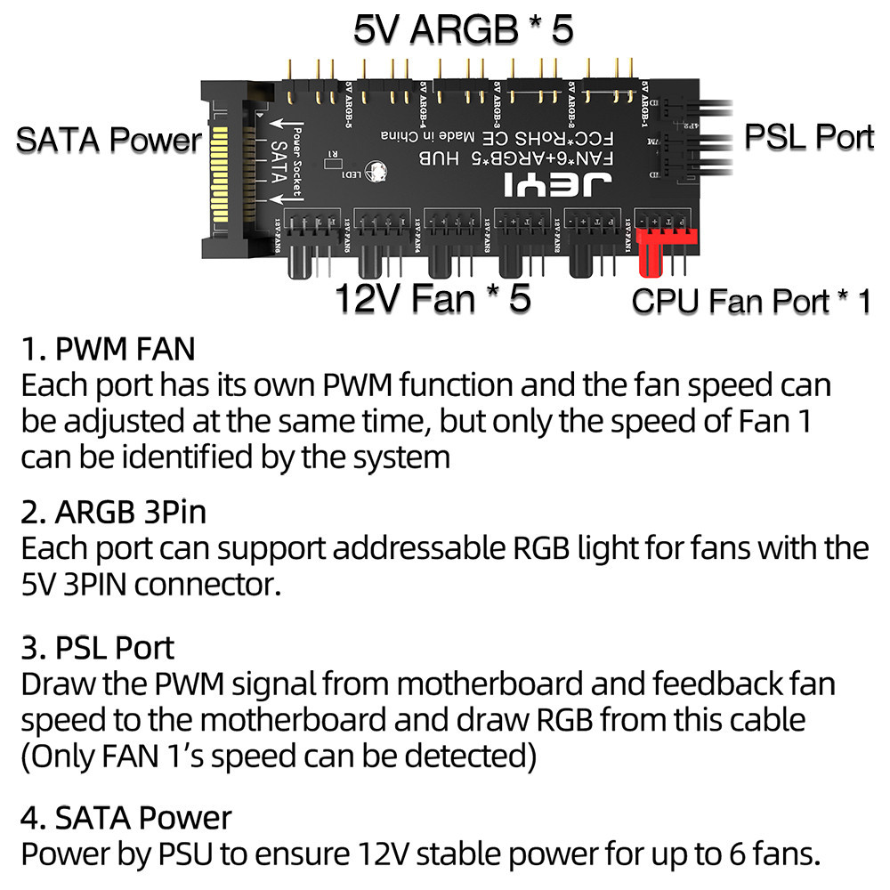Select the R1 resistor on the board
(332, 154)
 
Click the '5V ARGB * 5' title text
(463, 29)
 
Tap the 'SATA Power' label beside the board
(109, 140)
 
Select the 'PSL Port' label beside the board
(808, 137)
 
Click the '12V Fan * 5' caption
(433, 298)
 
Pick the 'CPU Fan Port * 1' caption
(751, 301)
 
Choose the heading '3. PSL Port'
(98, 647)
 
